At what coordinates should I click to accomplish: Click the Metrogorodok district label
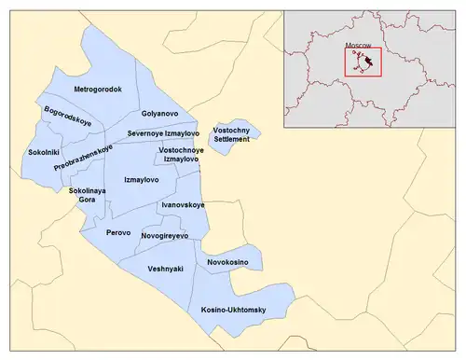pos(99,89)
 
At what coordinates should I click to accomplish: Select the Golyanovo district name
pos(160,114)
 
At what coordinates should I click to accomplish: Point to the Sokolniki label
pos(44,151)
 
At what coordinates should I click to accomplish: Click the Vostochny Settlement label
pos(232,134)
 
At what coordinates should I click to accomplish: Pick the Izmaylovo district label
pos(141,178)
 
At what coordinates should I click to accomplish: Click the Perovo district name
pos(118,232)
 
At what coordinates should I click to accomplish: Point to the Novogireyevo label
pos(165,236)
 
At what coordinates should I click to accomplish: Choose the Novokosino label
pos(227,263)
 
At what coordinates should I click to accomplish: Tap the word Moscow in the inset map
pos(358,44)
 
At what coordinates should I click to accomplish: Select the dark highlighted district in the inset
pos(371,62)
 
